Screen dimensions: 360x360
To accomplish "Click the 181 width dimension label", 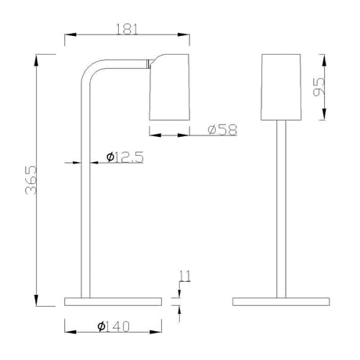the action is pos(127,29).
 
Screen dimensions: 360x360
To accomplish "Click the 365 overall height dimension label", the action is pos(31,180).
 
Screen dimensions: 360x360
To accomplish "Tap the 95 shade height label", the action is pos(319,87).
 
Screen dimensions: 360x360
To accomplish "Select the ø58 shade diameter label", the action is pos(223,130).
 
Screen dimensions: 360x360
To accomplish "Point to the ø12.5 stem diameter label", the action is pos(125,157).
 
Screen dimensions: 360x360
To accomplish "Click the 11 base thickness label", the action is pos(185,276).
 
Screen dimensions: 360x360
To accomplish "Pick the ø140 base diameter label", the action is pos(113,326).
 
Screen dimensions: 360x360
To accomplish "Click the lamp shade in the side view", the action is pos(170,87).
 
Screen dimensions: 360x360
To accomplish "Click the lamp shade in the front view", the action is pos(281,87).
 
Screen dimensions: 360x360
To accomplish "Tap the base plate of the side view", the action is pos(113,301).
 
